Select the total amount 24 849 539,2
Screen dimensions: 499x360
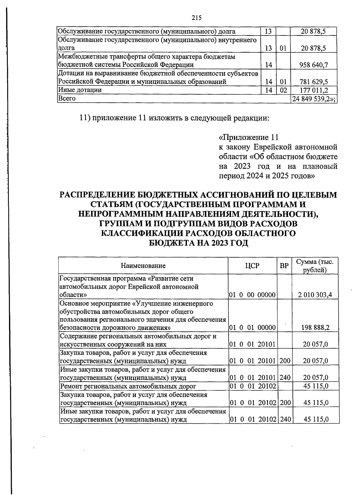314,98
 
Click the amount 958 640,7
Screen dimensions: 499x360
313,65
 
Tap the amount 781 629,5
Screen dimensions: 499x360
313,81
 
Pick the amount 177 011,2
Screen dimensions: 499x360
313,90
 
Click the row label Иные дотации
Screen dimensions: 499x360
80,90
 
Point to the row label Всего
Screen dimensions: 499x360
67,98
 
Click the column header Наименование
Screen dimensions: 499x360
143,266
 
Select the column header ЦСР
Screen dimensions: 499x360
252,266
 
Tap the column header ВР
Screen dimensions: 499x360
284,266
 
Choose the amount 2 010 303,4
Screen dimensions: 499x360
315,295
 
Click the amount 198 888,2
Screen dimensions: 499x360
315,328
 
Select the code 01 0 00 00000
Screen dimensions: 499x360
252,295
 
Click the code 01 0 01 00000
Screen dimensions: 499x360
252,328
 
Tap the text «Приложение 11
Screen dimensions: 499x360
249,138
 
